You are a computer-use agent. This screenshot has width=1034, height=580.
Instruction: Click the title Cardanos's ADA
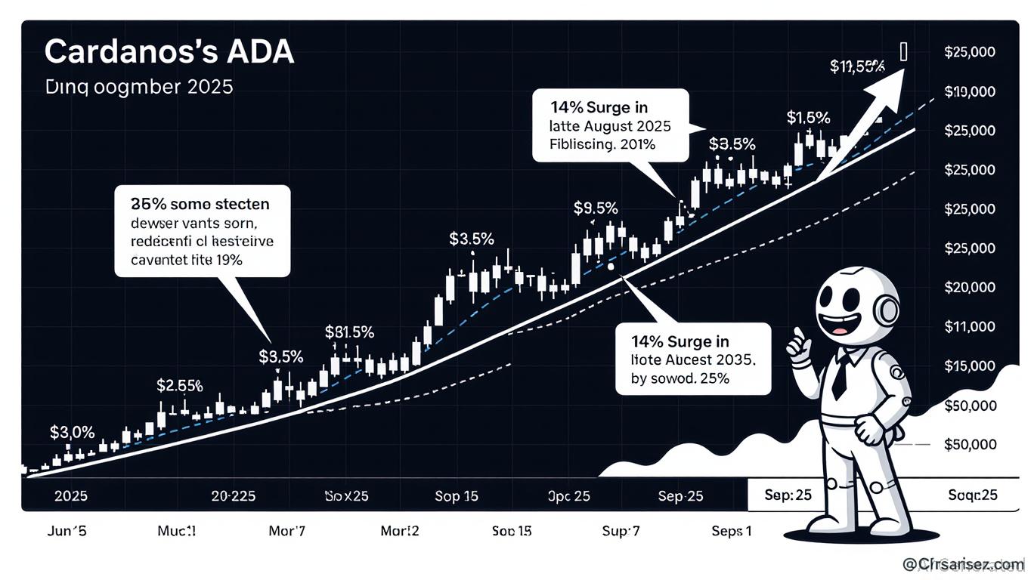(x=169, y=53)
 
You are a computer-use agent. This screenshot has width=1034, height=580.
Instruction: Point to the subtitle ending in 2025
(x=138, y=86)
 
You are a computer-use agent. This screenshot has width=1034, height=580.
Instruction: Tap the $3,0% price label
(x=72, y=433)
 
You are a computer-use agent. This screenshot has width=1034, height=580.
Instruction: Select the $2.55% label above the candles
(x=179, y=385)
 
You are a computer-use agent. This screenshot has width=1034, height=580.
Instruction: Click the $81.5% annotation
(x=349, y=332)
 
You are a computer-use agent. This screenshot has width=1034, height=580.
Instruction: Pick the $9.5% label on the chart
(x=596, y=207)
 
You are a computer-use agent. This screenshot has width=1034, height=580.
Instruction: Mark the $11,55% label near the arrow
(x=857, y=66)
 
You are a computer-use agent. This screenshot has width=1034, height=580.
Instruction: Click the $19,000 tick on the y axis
(x=970, y=92)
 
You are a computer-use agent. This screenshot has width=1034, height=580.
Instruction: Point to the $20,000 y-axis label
(x=970, y=287)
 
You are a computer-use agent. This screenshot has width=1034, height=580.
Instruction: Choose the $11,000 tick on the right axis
(x=970, y=326)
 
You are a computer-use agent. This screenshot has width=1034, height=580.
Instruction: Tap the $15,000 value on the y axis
(x=970, y=366)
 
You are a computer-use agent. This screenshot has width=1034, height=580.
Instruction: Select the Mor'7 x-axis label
(x=287, y=531)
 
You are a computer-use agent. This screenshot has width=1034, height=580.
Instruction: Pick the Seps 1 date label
(x=731, y=531)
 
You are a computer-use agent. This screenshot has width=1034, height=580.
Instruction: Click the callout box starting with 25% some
(x=202, y=231)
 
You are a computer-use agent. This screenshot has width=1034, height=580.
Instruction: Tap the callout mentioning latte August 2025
(x=611, y=125)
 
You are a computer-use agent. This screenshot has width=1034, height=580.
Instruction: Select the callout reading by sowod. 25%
(x=692, y=359)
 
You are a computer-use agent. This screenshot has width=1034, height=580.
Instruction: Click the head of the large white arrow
(x=890, y=83)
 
